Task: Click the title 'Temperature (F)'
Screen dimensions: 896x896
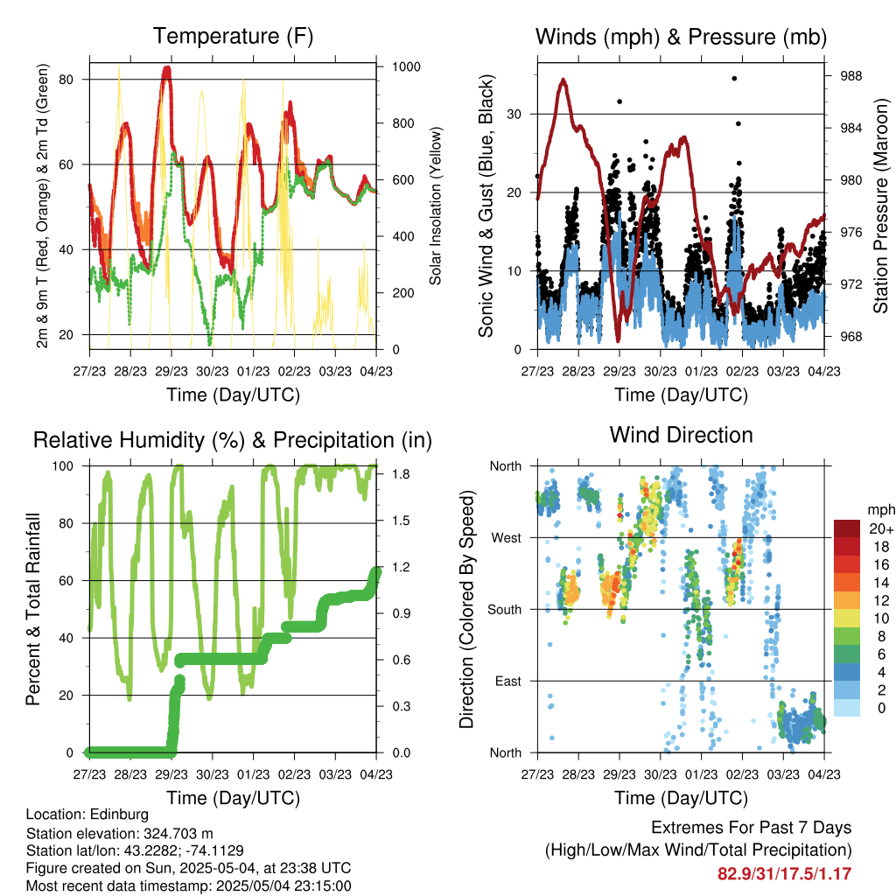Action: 233,36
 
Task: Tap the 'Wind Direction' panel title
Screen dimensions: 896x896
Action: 681,435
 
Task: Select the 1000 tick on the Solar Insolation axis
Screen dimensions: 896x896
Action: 406,66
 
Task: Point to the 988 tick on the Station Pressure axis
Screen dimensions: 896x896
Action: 850,76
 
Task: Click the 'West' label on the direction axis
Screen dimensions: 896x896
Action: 507,538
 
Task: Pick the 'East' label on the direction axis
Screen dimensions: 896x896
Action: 508,681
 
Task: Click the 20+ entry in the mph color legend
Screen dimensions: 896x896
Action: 881,529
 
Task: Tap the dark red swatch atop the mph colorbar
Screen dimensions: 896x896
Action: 847,528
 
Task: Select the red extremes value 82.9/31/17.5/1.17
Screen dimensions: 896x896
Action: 785,874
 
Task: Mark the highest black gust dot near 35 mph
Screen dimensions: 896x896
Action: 734,78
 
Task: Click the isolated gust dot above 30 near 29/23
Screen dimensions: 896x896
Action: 619,101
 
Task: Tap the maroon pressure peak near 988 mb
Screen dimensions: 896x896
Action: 563,80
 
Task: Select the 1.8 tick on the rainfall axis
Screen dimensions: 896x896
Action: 401,474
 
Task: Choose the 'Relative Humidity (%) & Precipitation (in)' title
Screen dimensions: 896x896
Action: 233,441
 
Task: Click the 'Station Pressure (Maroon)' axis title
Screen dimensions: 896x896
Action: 880,206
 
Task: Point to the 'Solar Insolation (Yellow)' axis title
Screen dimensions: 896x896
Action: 436,206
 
